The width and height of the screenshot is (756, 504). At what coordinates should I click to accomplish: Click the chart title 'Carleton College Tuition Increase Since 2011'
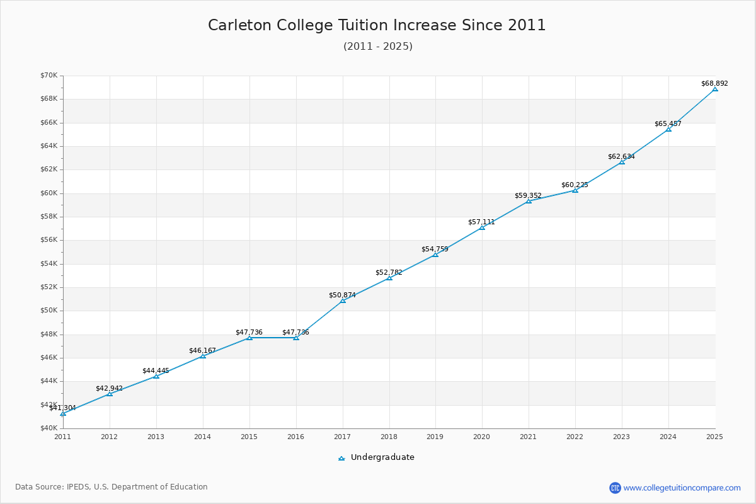pyautogui.click(x=377, y=25)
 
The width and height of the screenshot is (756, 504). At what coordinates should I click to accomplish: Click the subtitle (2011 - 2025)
pyautogui.click(x=377, y=47)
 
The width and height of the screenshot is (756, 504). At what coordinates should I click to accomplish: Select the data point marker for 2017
pyautogui.click(x=343, y=301)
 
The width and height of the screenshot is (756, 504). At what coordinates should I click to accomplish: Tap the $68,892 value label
pyautogui.click(x=714, y=83)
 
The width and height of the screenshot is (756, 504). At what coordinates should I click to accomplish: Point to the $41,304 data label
pyautogui.click(x=62, y=408)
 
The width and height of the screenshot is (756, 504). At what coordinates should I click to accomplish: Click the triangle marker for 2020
pyautogui.click(x=482, y=227)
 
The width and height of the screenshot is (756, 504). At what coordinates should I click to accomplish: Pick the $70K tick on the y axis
pyautogui.click(x=49, y=76)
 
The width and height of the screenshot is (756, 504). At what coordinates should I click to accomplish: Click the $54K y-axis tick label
pyautogui.click(x=49, y=263)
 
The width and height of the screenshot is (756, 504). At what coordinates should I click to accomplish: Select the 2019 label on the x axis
pyautogui.click(x=435, y=437)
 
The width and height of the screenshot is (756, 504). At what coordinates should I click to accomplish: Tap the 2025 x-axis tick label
pyautogui.click(x=714, y=437)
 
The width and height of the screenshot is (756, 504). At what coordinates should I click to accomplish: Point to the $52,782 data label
pyautogui.click(x=389, y=272)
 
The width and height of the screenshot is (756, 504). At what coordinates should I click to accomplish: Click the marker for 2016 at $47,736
pyautogui.click(x=296, y=338)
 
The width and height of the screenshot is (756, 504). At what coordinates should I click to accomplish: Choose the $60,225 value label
pyautogui.click(x=575, y=185)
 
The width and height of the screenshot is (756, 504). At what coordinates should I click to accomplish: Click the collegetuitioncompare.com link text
pyautogui.click(x=682, y=488)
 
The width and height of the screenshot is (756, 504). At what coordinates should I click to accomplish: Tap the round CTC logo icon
pyautogui.click(x=615, y=488)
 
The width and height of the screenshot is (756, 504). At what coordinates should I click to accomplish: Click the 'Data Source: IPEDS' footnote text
pyautogui.click(x=112, y=487)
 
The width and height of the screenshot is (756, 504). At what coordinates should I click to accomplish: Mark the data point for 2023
pyautogui.click(x=622, y=162)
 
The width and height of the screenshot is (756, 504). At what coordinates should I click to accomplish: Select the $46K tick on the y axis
pyautogui.click(x=49, y=358)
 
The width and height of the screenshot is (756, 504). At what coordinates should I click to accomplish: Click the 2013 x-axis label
pyautogui.click(x=156, y=437)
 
